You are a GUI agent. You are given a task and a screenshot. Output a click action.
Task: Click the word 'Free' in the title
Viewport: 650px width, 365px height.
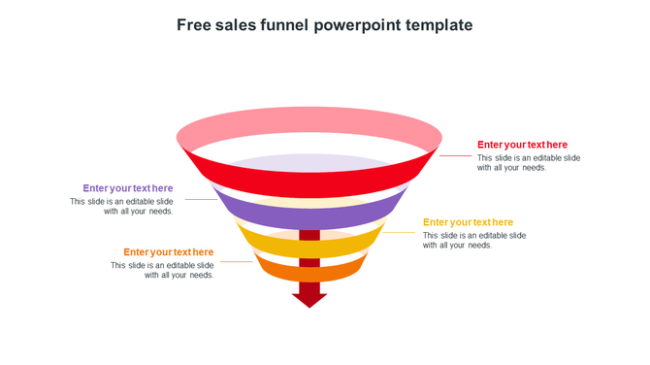[195, 25]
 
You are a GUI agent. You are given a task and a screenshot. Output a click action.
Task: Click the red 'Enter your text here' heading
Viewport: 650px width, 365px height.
[522, 145]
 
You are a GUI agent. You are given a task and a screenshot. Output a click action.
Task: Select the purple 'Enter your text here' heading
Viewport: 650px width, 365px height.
[128, 188]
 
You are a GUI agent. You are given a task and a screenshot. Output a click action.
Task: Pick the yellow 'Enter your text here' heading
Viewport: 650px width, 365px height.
[468, 222]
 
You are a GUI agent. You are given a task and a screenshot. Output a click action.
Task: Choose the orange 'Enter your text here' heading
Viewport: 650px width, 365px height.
[169, 252]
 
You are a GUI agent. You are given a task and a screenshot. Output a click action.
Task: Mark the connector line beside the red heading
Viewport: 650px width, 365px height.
[456, 155]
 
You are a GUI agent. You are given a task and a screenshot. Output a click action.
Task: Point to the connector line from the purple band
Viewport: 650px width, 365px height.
[200, 200]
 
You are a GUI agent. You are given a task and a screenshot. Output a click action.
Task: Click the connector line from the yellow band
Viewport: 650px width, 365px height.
[399, 232]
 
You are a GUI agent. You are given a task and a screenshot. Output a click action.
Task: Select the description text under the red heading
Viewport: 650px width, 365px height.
[529, 162]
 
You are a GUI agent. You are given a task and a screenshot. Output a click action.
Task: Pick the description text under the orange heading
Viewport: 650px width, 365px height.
[162, 270]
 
